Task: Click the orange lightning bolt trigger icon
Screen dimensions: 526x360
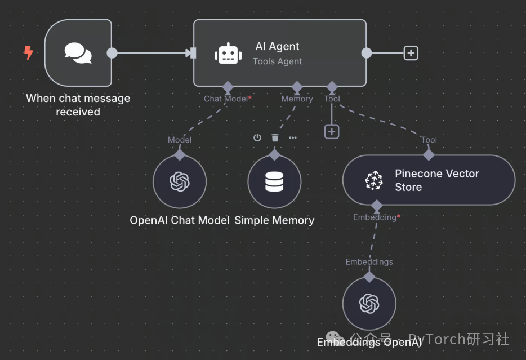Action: [x=29, y=52]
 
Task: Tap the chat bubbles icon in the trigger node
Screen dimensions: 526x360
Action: [x=78, y=53]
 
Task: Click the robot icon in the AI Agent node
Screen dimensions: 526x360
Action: [x=228, y=54]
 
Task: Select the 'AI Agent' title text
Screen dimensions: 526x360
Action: [x=277, y=46]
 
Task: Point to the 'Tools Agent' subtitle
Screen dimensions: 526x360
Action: [x=278, y=61]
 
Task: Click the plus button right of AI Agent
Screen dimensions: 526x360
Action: [x=411, y=53]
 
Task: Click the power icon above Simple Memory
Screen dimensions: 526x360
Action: [x=257, y=137]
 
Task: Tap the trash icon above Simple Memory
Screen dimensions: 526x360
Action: [x=275, y=137]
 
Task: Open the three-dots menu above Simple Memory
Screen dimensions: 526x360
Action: [x=292, y=137]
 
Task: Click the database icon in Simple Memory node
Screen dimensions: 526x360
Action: [x=274, y=181]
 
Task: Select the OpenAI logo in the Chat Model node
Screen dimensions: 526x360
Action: [x=180, y=181]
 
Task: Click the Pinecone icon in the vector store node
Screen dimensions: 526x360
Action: [x=374, y=180]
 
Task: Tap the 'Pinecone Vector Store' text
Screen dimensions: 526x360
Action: [x=437, y=180]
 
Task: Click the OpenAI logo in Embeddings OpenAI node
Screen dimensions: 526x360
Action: [x=369, y=303]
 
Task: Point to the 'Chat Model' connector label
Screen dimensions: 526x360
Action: [x=226, y=99]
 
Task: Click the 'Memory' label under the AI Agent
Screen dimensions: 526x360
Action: [x=297, y=99]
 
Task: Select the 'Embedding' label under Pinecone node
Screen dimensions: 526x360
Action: [x=375, y=217]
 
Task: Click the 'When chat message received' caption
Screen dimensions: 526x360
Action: [x=78, y=105]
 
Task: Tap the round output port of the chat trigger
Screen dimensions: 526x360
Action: [x=112, y=53]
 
